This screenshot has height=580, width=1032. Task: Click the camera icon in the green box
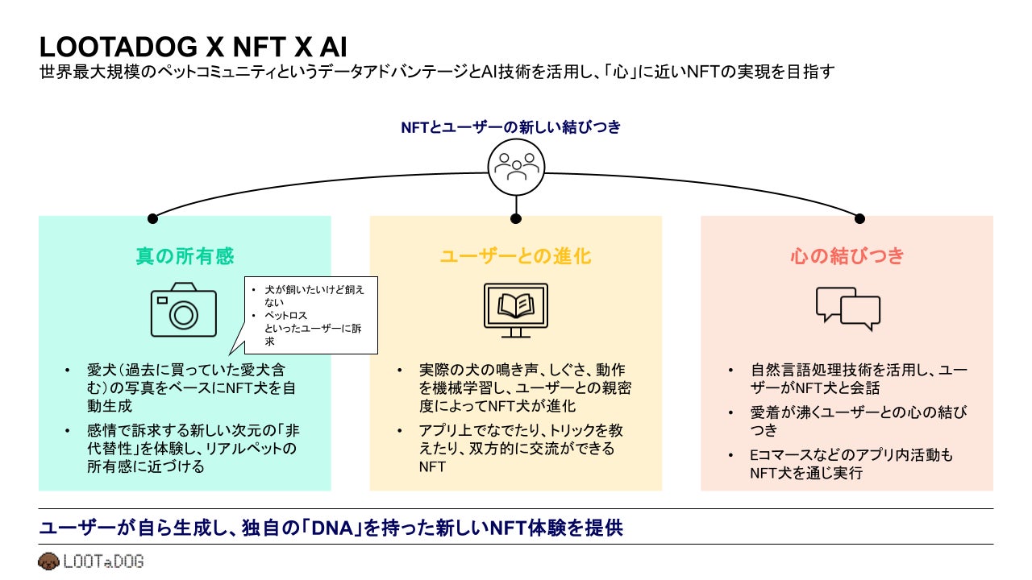click(184, 309)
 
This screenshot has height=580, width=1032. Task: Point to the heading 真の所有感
click(185, 256)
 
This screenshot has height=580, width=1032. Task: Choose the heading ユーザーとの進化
click(515, 256)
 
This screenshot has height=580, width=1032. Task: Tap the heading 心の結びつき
click(847, 256)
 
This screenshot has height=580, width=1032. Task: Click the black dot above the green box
click(152, 218)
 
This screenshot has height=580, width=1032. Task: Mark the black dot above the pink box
click(859, 218)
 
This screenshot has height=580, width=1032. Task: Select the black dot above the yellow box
click(516, 218)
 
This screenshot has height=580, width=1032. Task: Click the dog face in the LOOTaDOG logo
click(48, 561)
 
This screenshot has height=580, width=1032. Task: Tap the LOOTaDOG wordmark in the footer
click(102, 561)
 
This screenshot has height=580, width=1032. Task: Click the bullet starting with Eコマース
click(851, 464)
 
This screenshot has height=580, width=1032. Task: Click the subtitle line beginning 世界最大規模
click(436, 72)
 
